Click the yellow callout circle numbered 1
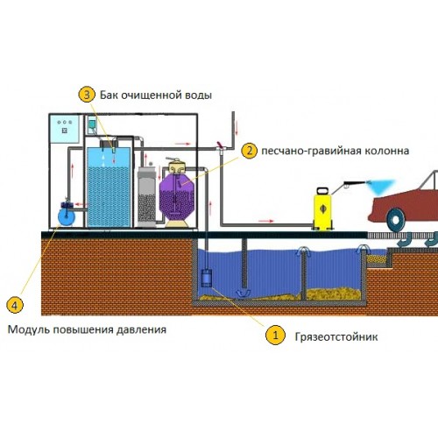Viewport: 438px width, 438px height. tap(275, 335)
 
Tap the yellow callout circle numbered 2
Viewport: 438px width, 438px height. tap(249, 151)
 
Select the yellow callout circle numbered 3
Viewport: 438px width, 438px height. tap(87, 95)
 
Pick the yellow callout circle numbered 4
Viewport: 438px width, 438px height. tap(15, 305)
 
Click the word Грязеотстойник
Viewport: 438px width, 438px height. tap(336, 337)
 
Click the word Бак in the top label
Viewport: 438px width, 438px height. tap(109, 95)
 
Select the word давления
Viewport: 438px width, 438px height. tap(141, 330)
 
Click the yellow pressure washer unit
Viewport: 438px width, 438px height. tap(322, 208)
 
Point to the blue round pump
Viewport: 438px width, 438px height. tap(67, 215)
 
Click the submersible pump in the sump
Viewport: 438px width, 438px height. tap(207, 278)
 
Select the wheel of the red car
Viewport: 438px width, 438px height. tap(396, 220)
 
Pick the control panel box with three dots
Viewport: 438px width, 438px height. tap(65, 129)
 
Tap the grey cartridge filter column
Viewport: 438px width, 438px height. tap(146, 196)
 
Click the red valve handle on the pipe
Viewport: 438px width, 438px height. tap(220, 145)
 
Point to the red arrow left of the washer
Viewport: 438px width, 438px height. tap(266, 221)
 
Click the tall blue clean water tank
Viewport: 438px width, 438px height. tap(109, 187)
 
